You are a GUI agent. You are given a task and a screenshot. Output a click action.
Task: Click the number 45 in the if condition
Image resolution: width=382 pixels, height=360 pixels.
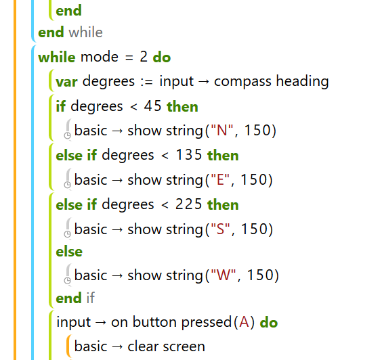(x=152, y=106)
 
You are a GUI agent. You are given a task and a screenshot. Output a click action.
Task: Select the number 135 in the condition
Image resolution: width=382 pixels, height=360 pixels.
(x=189, y=155)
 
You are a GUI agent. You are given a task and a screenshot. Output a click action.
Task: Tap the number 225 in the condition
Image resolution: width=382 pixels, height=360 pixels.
(x=188, y=204)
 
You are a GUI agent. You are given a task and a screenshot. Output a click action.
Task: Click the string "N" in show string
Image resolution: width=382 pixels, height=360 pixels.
(x=222, y=130)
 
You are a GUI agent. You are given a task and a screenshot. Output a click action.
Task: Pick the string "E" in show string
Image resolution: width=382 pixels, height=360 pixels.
(x=220, y=179)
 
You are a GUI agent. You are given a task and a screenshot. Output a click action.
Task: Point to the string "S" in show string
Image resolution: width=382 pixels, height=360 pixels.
(x=220, y=229)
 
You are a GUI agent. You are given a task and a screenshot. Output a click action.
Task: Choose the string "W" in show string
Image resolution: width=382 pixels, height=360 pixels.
(x=224, y=275)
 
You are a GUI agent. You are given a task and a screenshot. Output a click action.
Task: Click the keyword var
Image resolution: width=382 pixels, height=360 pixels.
(x=67, y=82)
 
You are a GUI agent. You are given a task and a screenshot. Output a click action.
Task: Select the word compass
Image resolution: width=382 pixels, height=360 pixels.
(x=242, y=82)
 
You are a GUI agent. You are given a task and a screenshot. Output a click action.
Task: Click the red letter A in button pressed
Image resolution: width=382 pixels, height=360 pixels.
(x=244, y=322)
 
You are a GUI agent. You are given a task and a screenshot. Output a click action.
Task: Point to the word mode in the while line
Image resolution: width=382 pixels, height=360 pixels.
(x=100, y=57)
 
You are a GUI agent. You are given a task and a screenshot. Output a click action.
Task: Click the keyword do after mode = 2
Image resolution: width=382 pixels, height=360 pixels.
(x=162, y=58)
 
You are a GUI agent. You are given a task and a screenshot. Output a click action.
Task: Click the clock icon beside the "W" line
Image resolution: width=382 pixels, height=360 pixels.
(x=68, y=281)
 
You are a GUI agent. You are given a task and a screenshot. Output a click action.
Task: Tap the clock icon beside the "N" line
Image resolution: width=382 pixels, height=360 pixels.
(x=68, y=135)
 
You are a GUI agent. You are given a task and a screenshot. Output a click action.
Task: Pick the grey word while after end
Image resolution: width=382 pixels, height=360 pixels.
(x=85, y=32)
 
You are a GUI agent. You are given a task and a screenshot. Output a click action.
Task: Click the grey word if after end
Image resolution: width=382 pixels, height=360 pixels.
(x=90, y=298)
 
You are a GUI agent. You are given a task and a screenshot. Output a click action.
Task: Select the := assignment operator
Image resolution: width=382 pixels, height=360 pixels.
(x=147, y=82)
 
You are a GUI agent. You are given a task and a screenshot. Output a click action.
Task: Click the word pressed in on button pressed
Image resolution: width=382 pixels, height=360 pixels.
(x=207, y=323)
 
